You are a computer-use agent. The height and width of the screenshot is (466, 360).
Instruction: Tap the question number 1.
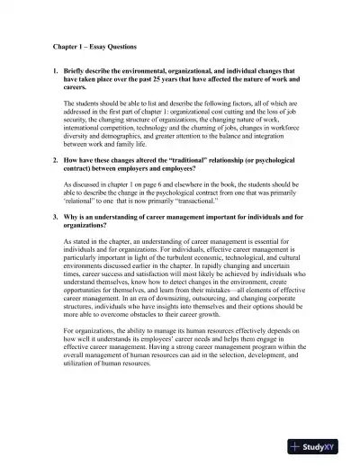[x=53, y=68]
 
